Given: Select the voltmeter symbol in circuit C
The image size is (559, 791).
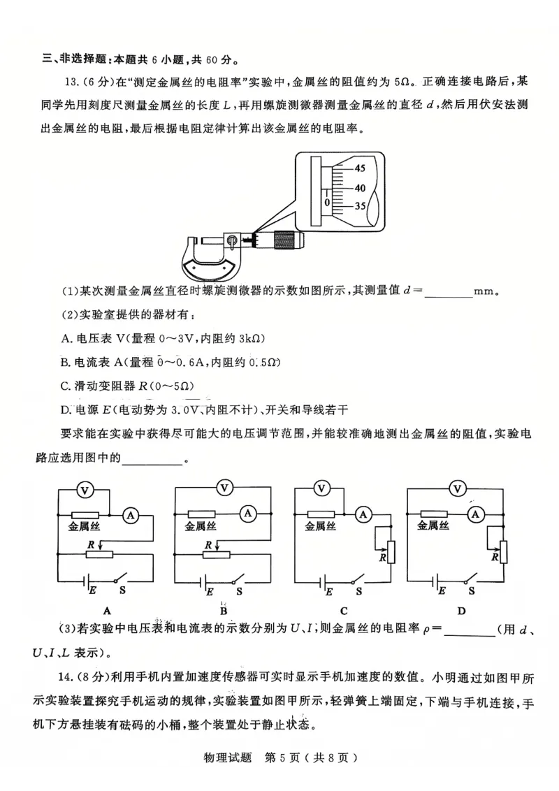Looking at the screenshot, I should click(321, 488).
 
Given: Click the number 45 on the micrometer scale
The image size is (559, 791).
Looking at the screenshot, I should click(359, 168).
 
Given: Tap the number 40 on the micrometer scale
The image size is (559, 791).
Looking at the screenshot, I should click(359, 188).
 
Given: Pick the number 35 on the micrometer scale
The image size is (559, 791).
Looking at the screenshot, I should click(359, 206).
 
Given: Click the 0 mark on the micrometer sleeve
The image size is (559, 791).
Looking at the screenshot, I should click(326, 201).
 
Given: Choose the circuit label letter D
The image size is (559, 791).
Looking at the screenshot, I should click(461, 610).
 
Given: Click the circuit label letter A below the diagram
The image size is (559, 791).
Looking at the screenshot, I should click(106, 610).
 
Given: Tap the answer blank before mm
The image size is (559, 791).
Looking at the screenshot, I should click(448, 292).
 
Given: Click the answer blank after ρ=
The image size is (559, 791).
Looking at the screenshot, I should click(469, 631).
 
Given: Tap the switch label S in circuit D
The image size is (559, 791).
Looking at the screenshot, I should click(472, 590).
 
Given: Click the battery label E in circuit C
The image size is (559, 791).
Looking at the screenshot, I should click(329, 591).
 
